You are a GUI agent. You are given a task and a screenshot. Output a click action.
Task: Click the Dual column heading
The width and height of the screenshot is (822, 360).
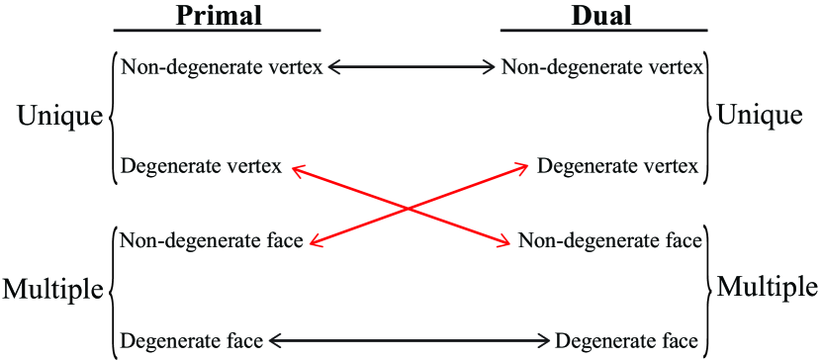(x=602, y=15)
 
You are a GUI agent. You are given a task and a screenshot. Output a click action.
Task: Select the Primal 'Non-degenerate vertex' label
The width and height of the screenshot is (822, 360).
(x=221, y=67)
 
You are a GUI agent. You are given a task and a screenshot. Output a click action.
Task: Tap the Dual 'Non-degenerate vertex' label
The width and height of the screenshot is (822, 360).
(x=601, y=67)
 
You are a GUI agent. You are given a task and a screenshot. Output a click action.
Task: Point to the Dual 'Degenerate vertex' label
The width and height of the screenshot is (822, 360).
(x=619, y=166)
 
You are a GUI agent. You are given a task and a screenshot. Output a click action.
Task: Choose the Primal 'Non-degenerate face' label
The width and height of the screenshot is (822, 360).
(x=211, y=239)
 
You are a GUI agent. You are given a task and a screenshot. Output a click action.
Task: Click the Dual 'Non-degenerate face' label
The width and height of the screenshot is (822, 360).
(x=610, y=239)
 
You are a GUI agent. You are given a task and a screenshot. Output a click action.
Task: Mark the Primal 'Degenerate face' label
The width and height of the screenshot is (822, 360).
(x=191, y=341)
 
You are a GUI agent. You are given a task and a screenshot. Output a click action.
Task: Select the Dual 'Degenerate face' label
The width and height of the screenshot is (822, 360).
(x=627, y=341)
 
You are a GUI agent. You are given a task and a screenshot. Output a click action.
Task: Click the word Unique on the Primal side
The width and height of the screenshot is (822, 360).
(x=59, y=117)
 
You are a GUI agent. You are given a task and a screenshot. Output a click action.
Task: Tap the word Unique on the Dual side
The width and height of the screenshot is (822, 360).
(x=760, y=116)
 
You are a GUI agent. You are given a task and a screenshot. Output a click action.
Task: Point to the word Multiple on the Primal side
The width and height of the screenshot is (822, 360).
(x=52, y=290)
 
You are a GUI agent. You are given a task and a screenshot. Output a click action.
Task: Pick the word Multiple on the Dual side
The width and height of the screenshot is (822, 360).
(x=767, y=288)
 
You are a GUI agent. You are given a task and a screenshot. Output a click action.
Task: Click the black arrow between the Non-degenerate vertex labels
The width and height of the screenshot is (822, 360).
(x=411, y=67)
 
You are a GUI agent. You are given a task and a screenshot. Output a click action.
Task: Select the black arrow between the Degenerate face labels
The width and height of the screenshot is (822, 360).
(x=410, y=341)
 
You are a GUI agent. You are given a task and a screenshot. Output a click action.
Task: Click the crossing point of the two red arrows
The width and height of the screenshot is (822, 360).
(x=409, y=207)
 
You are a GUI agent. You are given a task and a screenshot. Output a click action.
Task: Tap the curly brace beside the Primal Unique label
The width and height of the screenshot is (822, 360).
(x=110, y=117)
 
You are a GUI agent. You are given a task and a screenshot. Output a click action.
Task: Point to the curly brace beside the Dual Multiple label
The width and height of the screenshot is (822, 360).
(x=708, y=289)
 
